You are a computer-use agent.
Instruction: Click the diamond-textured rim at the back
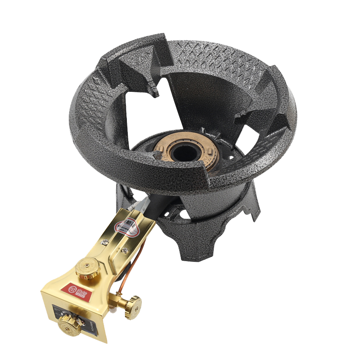click(x=211, y=58)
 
